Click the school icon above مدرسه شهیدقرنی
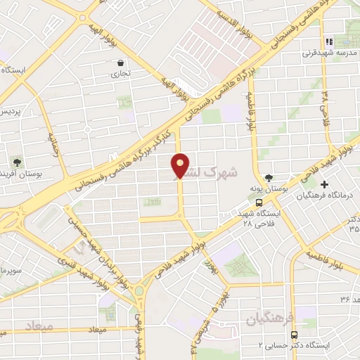(328, 41)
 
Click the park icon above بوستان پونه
(268, 179)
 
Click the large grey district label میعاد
(39, 327)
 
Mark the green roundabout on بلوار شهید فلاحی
(141, 290)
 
